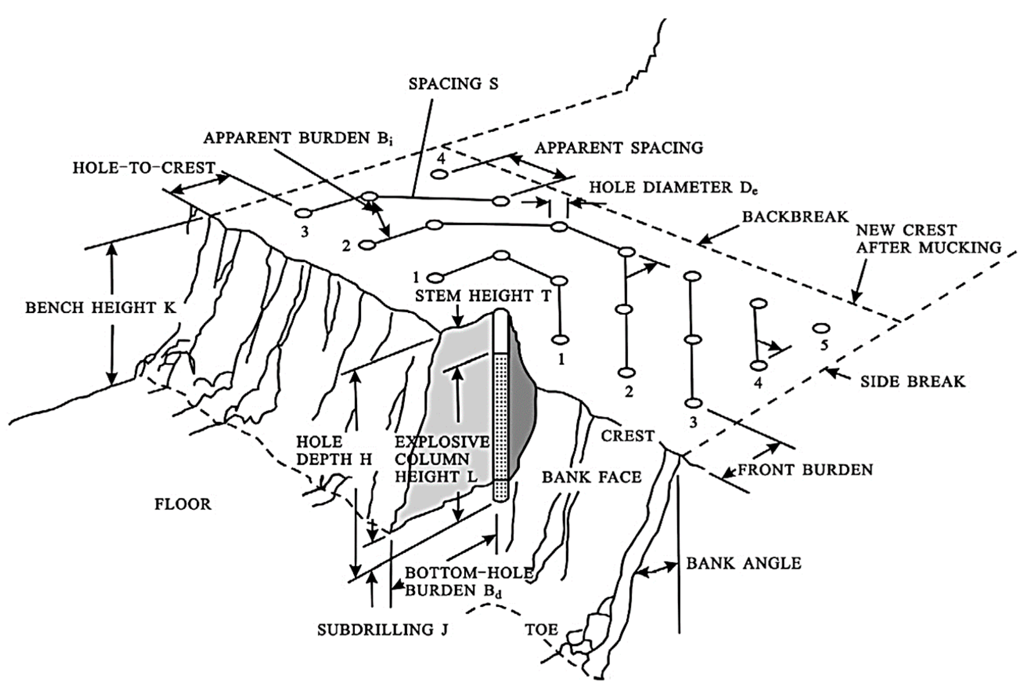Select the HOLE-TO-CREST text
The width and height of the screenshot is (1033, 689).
tap(144, 168)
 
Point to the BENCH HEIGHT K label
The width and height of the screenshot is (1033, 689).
tap(101, 308)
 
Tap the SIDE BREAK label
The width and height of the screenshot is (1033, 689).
tap(913, 381)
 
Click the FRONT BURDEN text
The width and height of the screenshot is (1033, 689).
tap(805, 470)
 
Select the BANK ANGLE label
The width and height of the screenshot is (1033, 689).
tap(744, 563)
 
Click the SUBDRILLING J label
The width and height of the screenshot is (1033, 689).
tap(383, 630)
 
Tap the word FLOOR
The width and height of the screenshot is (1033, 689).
tap(183, 504)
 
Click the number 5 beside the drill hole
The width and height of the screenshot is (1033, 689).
tap(824, 345)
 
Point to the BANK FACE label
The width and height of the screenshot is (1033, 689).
tap(592, 477)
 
